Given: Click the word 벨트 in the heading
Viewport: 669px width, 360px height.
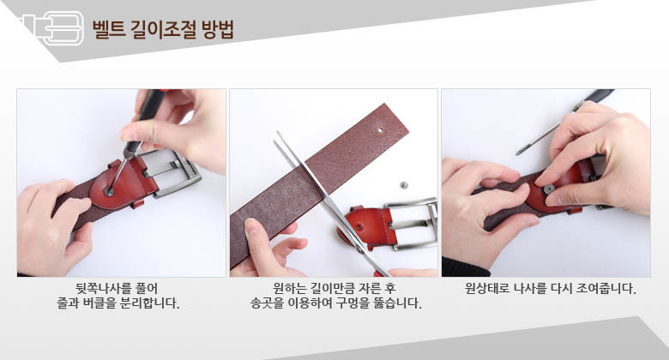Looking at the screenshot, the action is tap(108, 29).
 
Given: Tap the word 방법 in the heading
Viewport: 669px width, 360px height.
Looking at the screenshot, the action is tap(218, 29).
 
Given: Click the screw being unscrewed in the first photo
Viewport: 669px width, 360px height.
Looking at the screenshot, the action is tap(109, 191).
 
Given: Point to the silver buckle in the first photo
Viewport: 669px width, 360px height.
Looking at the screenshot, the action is tap(172, 172).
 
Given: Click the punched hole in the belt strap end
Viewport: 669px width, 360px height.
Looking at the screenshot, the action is tap(381, 129).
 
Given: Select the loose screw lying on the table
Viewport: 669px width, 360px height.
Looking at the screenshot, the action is tap(403, 185).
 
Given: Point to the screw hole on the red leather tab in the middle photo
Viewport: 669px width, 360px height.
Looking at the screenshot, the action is tap(359, 226).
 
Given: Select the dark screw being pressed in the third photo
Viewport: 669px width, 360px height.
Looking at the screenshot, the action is tap(549, 189).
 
